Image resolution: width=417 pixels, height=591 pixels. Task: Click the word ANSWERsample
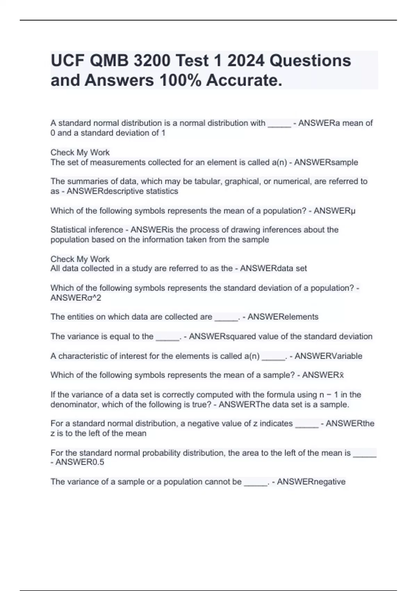tap(326, 162)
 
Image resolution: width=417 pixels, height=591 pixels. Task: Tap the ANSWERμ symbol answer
tap(334, 211)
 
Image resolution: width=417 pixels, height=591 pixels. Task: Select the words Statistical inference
tap(87, 230)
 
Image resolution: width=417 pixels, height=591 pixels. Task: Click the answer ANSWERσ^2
tap(76, 298)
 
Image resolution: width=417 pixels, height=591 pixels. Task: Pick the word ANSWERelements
tap(283, 317)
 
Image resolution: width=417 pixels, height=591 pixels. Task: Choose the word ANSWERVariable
tap(328, 356)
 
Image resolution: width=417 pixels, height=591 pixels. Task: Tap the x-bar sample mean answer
tap(323, 375)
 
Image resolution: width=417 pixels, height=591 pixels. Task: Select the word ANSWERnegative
tap(311, 482)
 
